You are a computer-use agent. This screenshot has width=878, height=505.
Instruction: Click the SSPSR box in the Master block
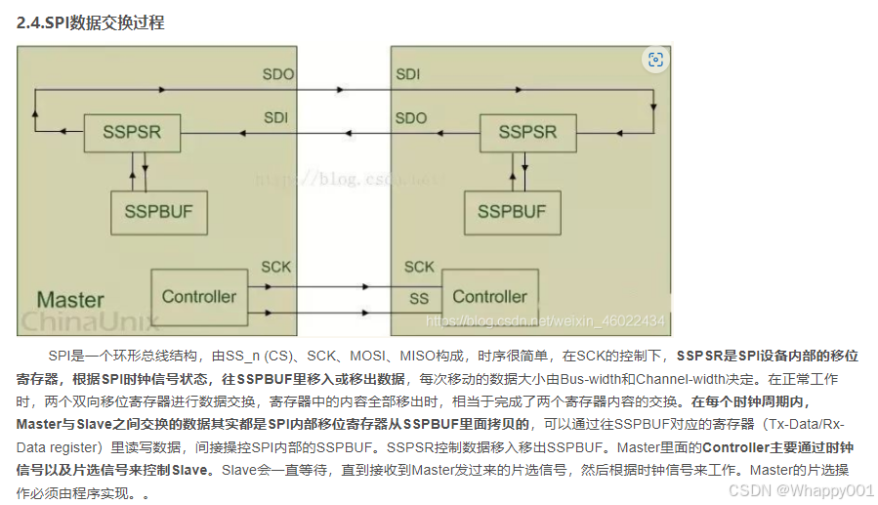pyautogui.click(x=131, y=132)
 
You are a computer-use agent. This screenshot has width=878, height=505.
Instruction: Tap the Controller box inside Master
pyautogui.click(x=198, y=296)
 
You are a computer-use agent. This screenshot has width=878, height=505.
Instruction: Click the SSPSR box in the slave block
pyautogui.click(x=527, y=132)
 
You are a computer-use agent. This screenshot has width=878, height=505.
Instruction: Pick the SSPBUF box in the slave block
pyautogui.click(x=512, y=211)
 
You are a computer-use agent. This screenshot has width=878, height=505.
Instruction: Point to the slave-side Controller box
pyautogui.click(x=489, y=296)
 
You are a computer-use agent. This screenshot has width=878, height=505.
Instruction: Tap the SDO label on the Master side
pyautogui.click(x=277, y=74)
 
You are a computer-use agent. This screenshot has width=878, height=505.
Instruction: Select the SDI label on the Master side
pyautogui.click(x=276, y=118)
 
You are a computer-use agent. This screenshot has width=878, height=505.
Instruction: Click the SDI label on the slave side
pyautogui.click(x=408, y=74)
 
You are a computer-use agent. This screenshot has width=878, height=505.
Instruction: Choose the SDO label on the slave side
pyautogui.click(x=411, y=118)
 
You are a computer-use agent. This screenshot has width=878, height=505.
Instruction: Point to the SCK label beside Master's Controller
pyautogui.click(x=275, y=267)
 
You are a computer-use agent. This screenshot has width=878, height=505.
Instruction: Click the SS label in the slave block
pyautogui.click(x=418, y=297)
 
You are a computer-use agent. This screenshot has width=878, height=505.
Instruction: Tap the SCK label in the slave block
pyautogui.click(x=419, y=267)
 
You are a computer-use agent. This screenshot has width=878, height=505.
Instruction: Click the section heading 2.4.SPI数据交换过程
pyautogui.click(x=90, y=22)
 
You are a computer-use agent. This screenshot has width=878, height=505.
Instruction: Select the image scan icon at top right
pyautogui.click(x=655, y=60)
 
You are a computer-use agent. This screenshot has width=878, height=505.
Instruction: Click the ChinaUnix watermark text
pyautogui.click(x=84, y=321)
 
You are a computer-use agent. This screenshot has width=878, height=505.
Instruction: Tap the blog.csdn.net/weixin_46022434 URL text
pyautogui.click(x=546, y=321)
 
